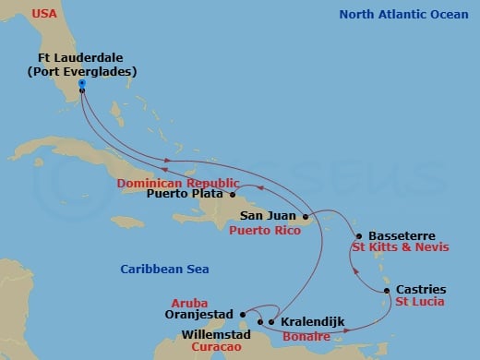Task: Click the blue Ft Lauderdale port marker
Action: click(x=82, y=83)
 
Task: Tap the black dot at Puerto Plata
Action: click(x=234, y=195)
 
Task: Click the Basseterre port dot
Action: click(x=358, y=236)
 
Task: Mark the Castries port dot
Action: click(x=386, y=290)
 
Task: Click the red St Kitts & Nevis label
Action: click(x=395, y=248)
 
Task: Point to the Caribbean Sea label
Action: click(x=164, y=269)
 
